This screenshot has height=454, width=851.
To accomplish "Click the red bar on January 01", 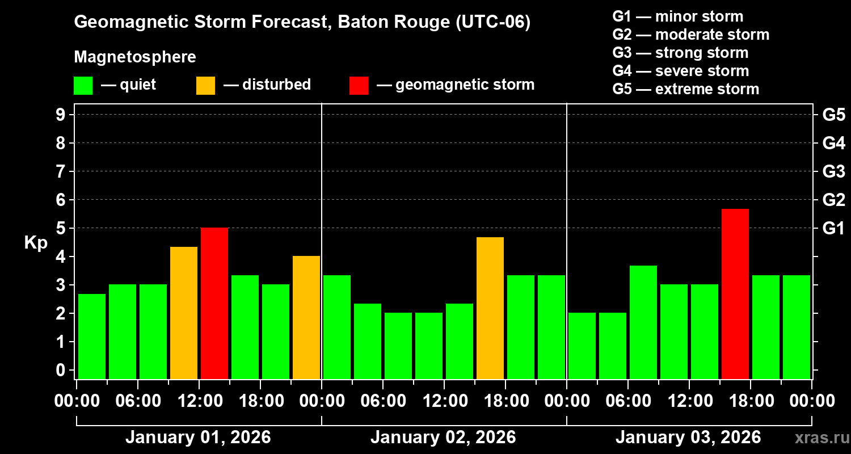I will pyautogui.click(x=214, y=303).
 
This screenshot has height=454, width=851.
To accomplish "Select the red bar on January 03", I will pyautogui.click(x=735, y=293).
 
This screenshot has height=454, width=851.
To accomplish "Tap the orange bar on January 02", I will pyautogui.click(x=490, y=308).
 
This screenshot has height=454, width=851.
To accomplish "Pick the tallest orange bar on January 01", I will pyautogui.click(x=184, y=313).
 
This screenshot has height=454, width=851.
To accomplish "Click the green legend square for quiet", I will pyautogui.click(x=83, y=85).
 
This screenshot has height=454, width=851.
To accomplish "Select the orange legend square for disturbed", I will pyautogui.click(x=205, y=85).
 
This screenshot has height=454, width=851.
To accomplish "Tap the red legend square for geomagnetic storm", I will pyautogui.click(x=359, y=85).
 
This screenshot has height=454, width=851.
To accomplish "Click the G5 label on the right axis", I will pyautogui.click(x=833, y=115).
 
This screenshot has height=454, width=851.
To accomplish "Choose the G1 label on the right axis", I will pyautogui.click(x=833, y=228).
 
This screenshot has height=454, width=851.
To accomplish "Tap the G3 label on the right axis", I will pyautogui.click(x=833, y=171).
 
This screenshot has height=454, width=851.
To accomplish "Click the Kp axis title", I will pyautogui.click(x=36, y=242).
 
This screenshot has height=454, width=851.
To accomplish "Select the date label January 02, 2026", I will pyautogui.click(x=443, y=438).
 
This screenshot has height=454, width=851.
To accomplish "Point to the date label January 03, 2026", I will pyautogui.click(x=688, y=438).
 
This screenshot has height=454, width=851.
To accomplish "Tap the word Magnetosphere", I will pyautogui.click(x=135, y=57).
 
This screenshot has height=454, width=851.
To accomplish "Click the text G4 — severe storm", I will pyautogui.click(x=681, y=71).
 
